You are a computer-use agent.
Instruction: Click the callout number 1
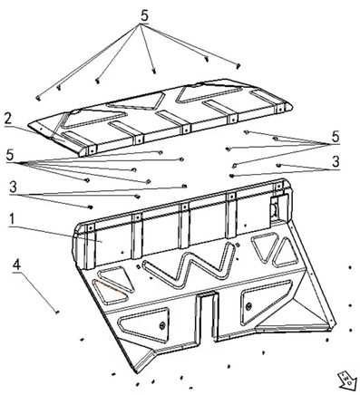pos(12,219)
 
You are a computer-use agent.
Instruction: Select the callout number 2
pos(8,120)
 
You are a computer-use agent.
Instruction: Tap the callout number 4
pos(16,265)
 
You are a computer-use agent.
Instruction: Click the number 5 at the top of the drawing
pos(145,16)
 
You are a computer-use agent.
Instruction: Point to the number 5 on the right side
pos(336,137)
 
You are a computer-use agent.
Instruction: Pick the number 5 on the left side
pos(10,155)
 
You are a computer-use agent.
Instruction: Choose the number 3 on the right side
pos(336,162)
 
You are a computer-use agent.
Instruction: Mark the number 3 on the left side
pos(13,188)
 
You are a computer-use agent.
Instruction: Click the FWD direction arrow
pos(345,380)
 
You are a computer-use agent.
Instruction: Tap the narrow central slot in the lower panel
pos(207,317)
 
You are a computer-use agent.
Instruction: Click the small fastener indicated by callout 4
pos(57,312)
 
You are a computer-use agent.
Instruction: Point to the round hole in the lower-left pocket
pos(162,326)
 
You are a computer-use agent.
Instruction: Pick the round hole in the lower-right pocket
pos(248,306)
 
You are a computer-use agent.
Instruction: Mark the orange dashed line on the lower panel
pos(110,287)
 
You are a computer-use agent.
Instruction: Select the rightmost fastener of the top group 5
pos(238,65)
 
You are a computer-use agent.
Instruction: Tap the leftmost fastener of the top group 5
pos(38,99)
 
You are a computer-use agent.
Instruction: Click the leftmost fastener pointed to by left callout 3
pos(90,207)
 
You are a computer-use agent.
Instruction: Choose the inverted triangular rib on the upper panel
pos(136,101)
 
